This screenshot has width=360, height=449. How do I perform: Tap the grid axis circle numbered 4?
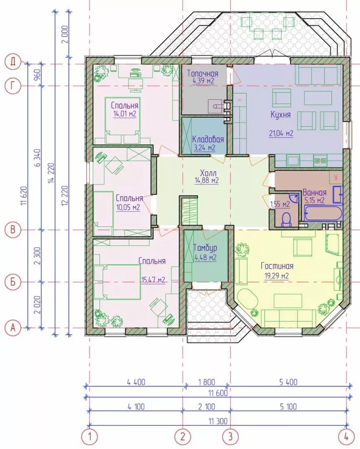tap(346, 437)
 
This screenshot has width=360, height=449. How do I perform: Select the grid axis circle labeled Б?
tap(12, 282)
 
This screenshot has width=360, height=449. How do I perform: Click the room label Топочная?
tap(203, 74)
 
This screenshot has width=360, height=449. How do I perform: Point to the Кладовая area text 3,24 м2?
tap(204, 148)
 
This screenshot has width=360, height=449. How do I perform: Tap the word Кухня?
tap(281, 115)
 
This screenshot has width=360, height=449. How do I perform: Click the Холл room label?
tap(209, 173)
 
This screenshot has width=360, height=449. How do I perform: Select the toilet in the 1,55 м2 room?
tap(286, 220)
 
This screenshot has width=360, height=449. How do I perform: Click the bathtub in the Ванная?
tap(323, 214)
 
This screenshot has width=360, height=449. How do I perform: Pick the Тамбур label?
tap(205, 248)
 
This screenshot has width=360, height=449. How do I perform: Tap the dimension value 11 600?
tap(218, 393)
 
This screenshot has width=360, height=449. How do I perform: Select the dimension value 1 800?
tap(206, 382)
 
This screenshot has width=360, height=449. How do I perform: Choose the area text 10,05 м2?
tap(128, 207)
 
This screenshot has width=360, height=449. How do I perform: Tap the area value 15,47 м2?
tap(153, 279)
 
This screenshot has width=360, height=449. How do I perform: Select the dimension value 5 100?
tap(288, 407)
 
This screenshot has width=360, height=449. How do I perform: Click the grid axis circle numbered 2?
tap(183, 437)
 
